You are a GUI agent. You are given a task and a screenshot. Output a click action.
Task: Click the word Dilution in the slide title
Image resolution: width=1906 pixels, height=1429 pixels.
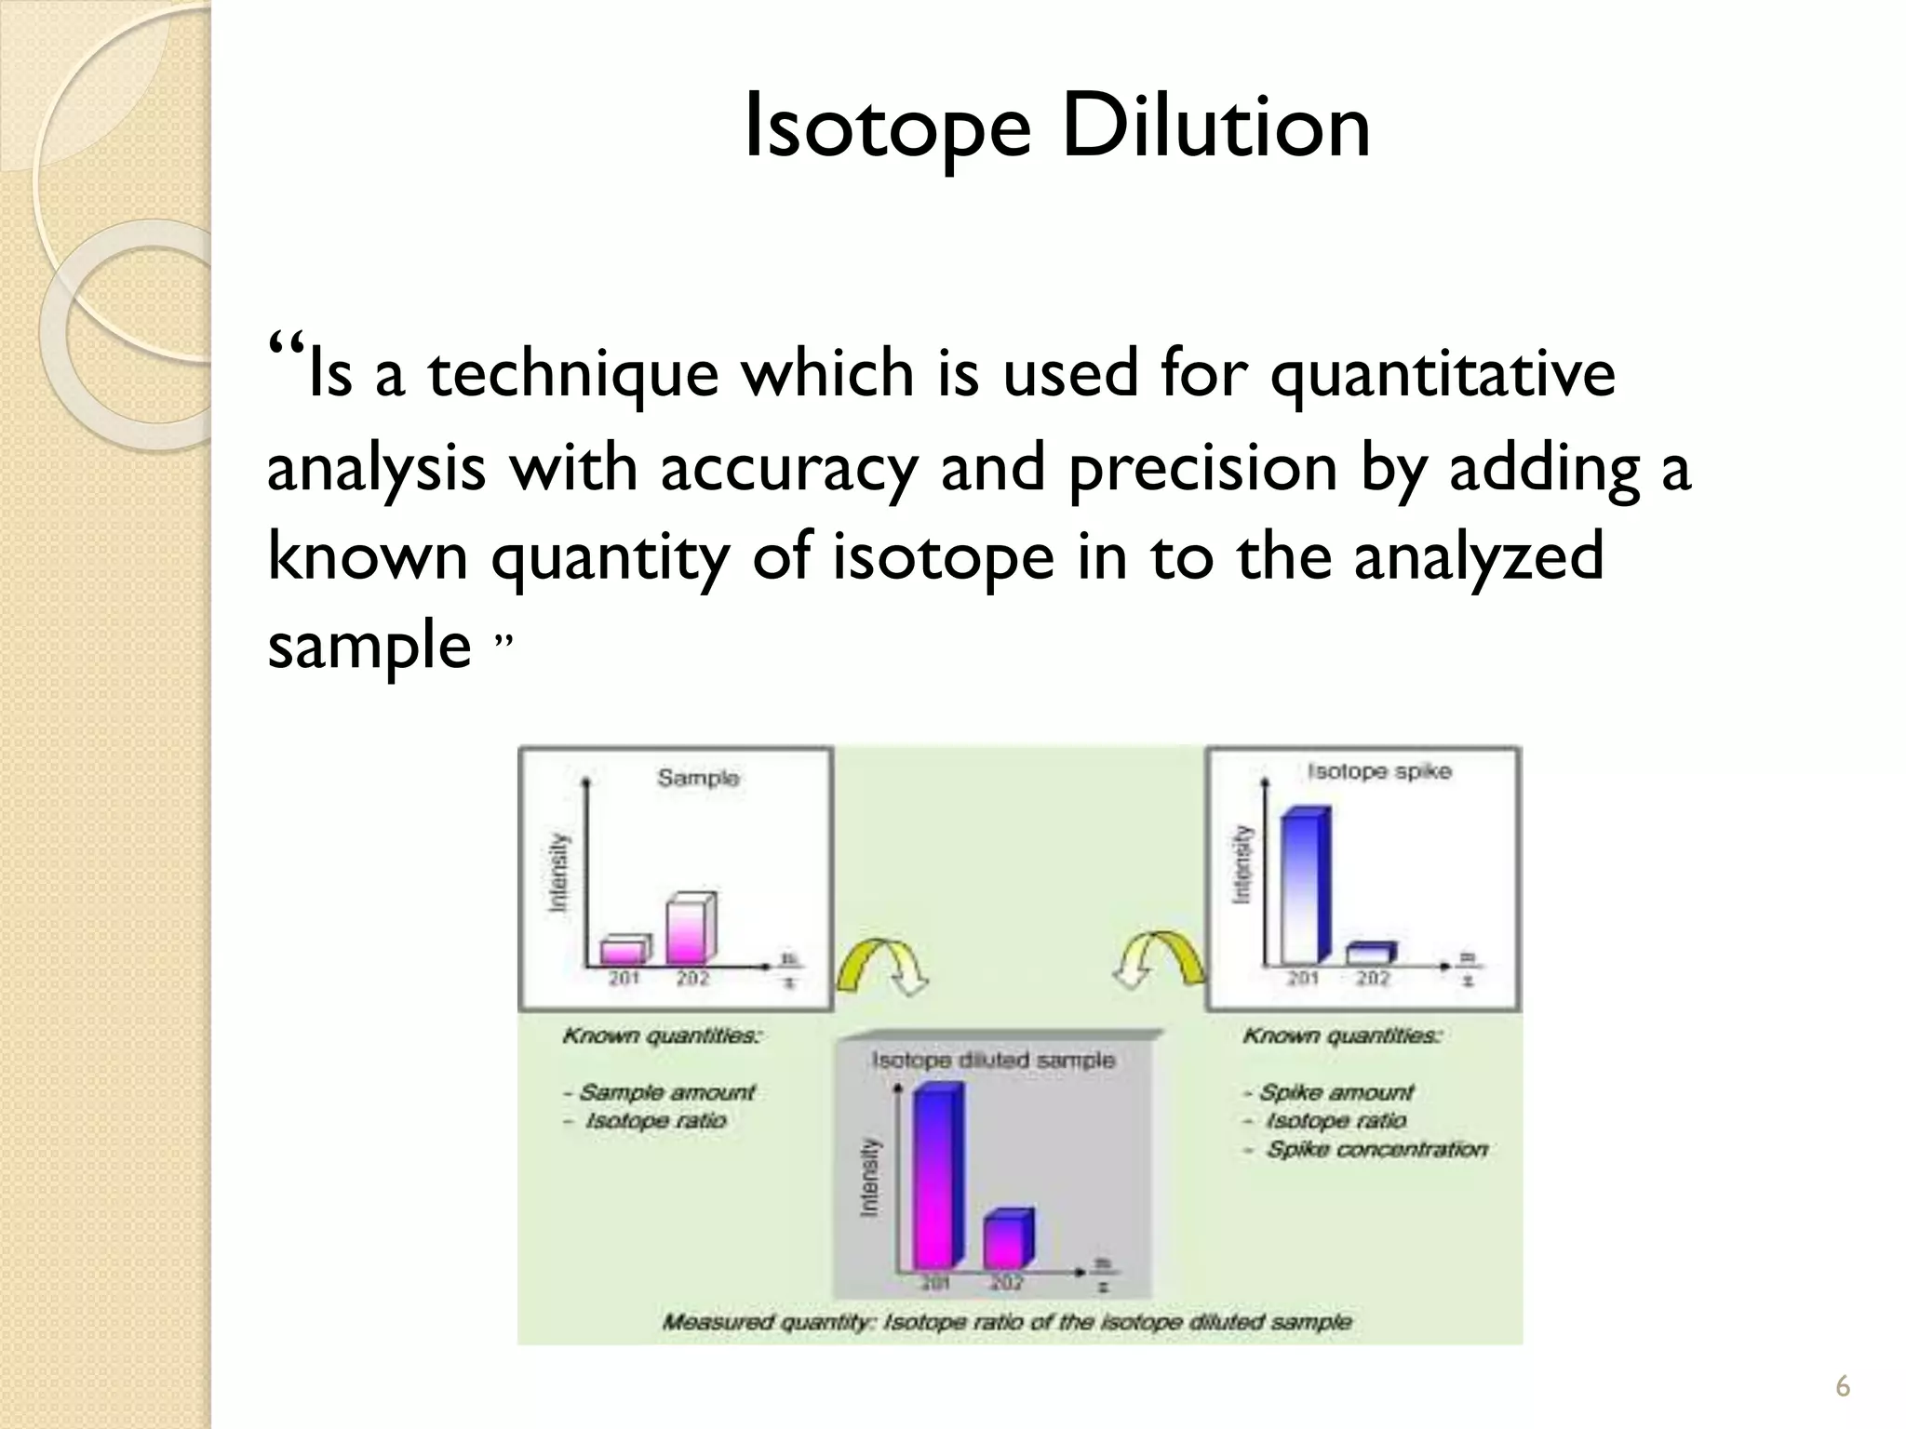pos(1215,126)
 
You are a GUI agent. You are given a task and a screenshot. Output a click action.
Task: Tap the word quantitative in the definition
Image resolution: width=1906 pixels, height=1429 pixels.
pos(1443,374)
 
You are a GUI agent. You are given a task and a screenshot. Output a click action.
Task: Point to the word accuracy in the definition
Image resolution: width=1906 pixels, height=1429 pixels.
pos(789,469)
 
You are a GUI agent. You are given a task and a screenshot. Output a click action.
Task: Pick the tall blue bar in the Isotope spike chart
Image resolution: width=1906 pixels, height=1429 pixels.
pos(1305,886)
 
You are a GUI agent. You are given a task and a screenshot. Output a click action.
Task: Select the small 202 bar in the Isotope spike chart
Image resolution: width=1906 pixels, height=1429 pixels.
pos(1372,954)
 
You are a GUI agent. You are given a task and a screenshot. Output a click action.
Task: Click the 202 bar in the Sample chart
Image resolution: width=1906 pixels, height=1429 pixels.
pos(691,929)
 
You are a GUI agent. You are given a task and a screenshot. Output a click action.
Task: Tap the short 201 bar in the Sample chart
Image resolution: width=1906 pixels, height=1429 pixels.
pos(623,950)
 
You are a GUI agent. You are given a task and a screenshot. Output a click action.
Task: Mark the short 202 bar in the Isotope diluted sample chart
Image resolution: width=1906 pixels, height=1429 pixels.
pos(1008,1240)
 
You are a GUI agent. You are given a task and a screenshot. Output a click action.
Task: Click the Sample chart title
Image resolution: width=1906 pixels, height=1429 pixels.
pos(698,778)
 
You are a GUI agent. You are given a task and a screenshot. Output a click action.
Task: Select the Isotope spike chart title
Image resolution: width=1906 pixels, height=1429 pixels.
pos(1378,771)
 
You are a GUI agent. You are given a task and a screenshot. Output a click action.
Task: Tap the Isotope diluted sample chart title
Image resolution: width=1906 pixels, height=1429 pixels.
pos(992,1060)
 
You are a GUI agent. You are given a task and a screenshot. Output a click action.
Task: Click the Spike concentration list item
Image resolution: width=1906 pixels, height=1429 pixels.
pos(1376,1150)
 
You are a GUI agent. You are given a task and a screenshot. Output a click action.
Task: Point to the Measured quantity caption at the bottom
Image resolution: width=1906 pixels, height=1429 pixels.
pos(1006,1322)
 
